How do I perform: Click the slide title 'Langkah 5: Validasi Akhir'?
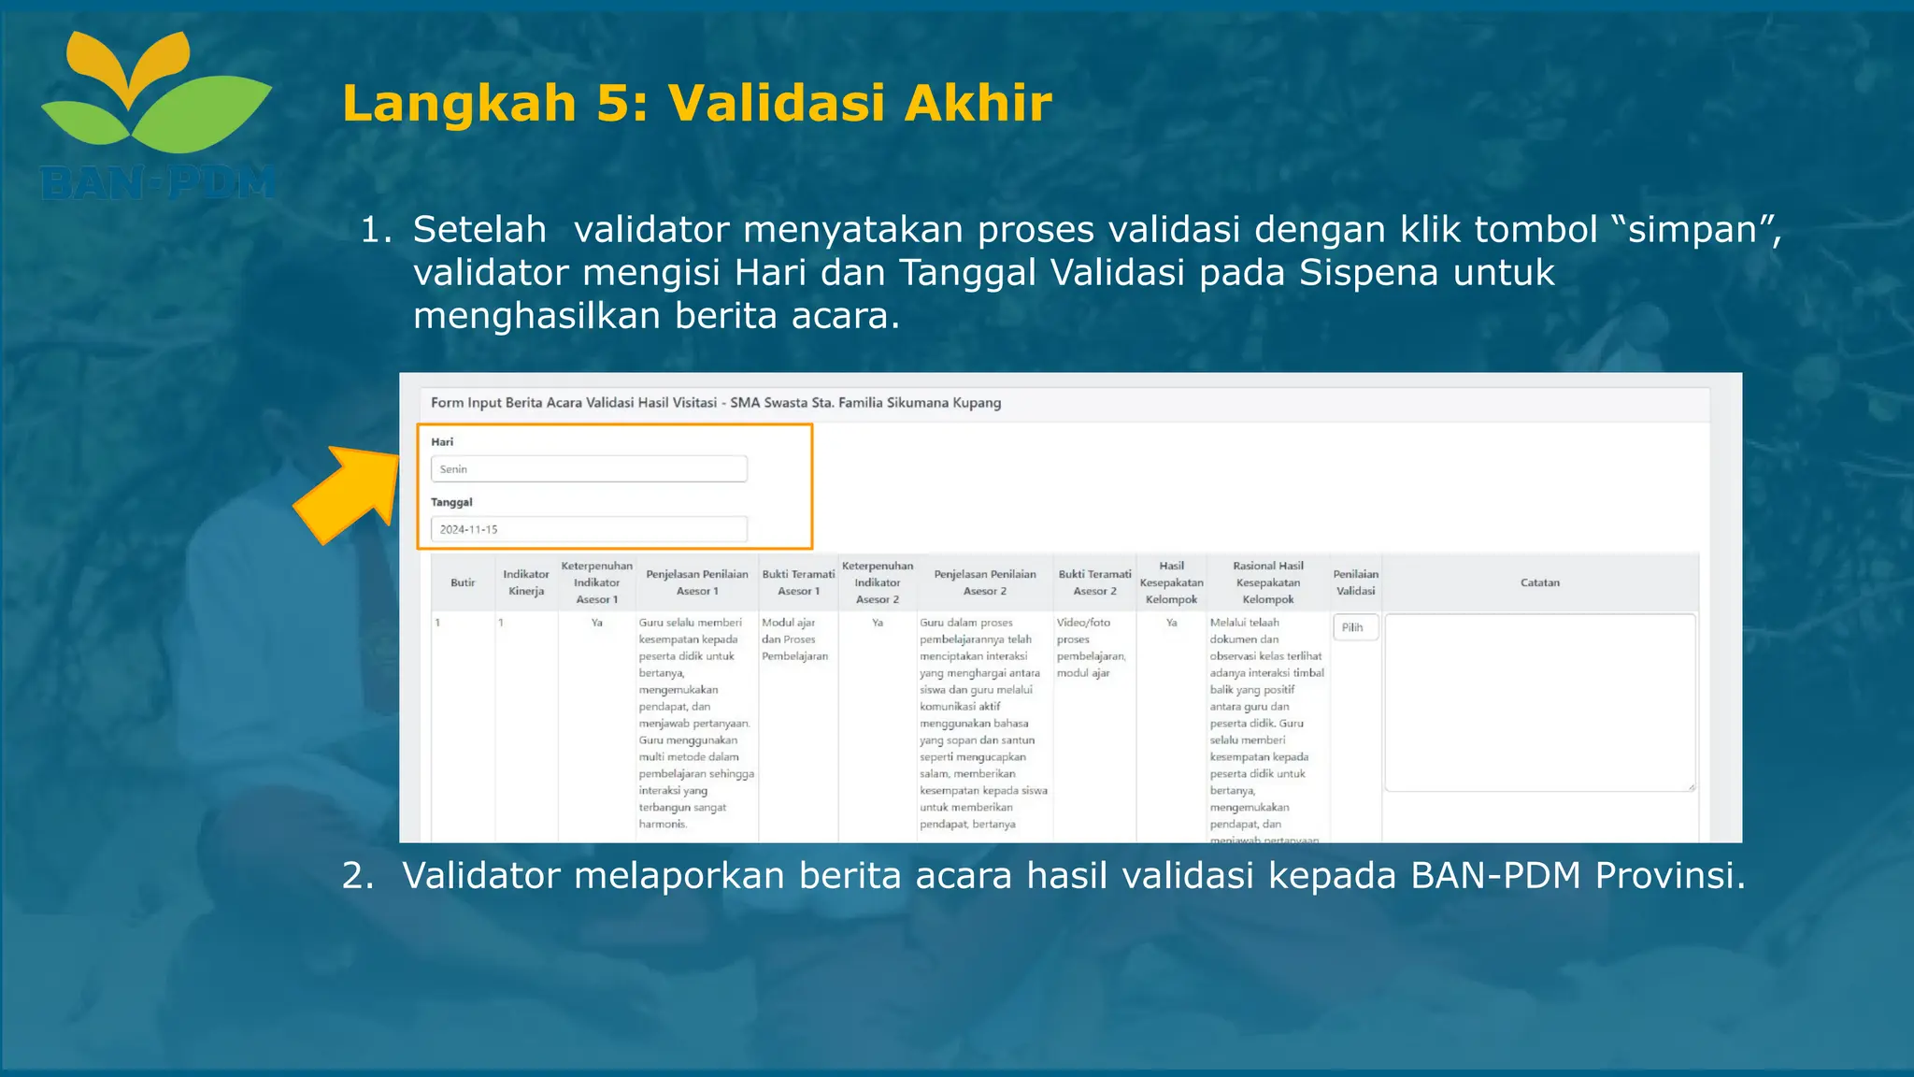(x=696, y=103)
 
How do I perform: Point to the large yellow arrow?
(x=347, y=493)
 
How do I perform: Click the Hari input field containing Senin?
(x=589, y=469)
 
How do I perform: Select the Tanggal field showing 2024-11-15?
(x=589, y=529)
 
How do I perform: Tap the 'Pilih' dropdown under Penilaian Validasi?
(x=1354, y=627)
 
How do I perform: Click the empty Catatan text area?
(x=1539, y=702)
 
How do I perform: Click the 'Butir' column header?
(x=463, y=582)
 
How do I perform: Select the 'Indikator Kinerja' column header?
(x=526, y=582)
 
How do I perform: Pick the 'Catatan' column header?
(x=1539, y=582)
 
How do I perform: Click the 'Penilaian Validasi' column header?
(x=1355, y=582)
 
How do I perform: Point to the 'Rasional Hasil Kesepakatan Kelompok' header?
(x=1267, y=582)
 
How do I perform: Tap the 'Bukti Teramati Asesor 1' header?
(x=798, y=582)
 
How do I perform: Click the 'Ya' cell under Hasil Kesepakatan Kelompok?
(x=1171, y=623)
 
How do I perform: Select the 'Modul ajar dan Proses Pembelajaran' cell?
(x=794, y=639)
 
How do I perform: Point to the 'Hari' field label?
(x=442, y=442)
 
